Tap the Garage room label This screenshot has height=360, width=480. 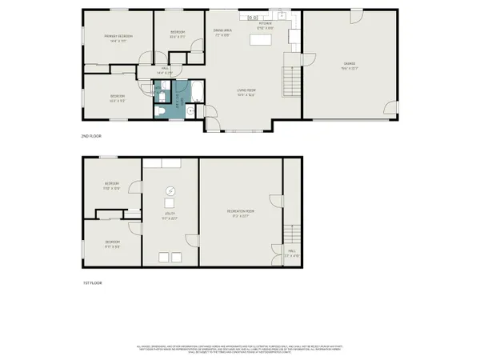pyautogui.click(x=350, y=63)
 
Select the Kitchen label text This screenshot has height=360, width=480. pyautogui.click(x=265, y=23)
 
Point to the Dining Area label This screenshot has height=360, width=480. pyautogui.click(x=222, y=30)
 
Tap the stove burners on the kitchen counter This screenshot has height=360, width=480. pyautogui.click(x=252, y=16)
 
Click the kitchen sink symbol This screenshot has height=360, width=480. pyautogui.click(x=282, y=16)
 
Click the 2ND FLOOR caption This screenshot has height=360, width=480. pyautogui.click(x=93, y=137)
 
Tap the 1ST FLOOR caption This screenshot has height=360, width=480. pyautogui.click(x=93, y=283)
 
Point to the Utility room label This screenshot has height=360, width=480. pyautogui.click(x=170, y=213)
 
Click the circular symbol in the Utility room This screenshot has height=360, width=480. pyautogui.click(x=170, y=190)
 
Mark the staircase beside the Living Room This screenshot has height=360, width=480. pyautogui.click(x=291, y=80)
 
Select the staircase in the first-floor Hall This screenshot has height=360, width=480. pyautogui.click(x=294, y=234)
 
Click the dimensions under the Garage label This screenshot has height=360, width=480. pyautogui.click(x=350, y=68)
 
